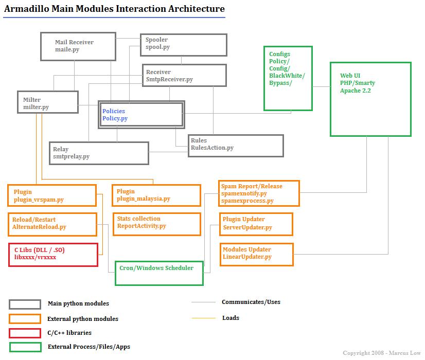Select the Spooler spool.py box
click(x=183, y=45)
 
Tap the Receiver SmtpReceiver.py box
click(x=184, y=75)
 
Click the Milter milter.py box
click(x=47, y=103)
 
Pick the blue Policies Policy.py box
click(x=141, y=115)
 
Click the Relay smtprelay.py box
click(x=99, y=153)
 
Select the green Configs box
click(x=288, y=78)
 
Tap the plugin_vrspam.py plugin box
click(x=52, y=195)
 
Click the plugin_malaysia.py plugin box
click(x=156, y=195)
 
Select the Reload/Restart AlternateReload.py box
click(x=52, y=224)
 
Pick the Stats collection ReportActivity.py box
click(x=156, y=224)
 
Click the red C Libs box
click(x=53, y=255)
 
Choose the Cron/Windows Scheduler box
click(x=159, y=273)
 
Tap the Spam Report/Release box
click(x=259, y=193)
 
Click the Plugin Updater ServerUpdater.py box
click(x=256, y=224)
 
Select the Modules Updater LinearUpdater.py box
click(x=256, y=254)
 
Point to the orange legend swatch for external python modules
click(x=25, y=318)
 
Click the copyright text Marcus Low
click(x=381, y=353)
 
